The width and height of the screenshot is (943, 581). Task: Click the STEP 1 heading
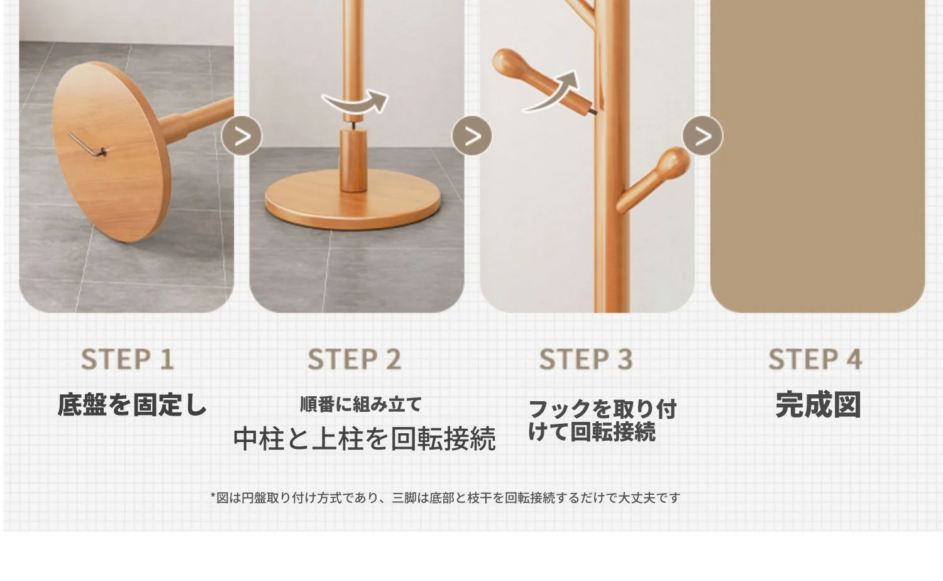click(127, 359)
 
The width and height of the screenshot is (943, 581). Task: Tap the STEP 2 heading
click(355, 359)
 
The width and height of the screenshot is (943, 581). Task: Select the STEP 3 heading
click(586, 359)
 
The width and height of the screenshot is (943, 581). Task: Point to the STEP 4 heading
click(815, 359)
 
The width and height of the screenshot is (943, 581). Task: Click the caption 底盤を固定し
click(132, 404)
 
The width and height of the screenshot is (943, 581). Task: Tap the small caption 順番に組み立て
click(361, 404)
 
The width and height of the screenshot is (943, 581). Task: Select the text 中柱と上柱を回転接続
click(365, 439)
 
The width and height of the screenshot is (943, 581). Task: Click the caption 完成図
click(818, 404)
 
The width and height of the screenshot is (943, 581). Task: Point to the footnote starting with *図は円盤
click(445, 498)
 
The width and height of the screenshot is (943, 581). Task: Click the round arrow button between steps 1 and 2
click(241, 136)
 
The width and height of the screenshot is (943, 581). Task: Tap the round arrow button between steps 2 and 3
click(472, 136)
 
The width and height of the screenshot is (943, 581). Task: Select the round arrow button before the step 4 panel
click(703, 136)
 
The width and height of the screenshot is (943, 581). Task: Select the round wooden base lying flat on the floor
click(353, 200)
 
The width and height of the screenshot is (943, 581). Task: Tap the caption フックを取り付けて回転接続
click(602, 420)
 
